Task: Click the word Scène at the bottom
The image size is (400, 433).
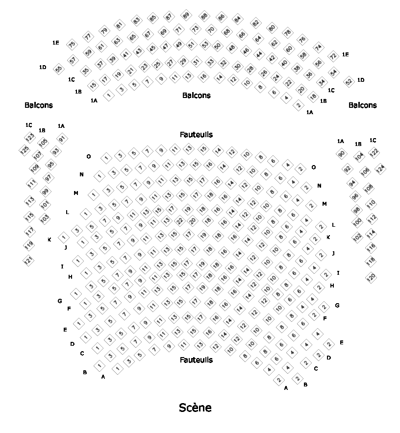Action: point(195,408)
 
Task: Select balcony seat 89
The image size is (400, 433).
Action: point(185,15)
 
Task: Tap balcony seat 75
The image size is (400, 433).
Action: point(72,45)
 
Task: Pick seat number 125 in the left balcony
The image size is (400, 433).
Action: point(24,150)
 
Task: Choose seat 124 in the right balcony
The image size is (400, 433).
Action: point(380,169)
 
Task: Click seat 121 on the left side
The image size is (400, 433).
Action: point(29,260)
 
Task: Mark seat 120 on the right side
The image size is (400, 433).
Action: point(371,277)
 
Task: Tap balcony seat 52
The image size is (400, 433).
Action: point(349,82)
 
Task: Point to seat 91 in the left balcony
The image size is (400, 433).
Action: point(62,139)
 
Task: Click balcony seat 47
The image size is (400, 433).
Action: point(166,47)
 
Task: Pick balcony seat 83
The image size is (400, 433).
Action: point(137,21)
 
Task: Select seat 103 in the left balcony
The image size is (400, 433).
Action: point(45,218)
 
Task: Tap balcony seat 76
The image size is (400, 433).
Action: point(302,39)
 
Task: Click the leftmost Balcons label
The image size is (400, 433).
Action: point(38,105)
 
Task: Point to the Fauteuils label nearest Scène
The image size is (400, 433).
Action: point(196,360)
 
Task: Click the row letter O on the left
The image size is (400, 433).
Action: point(89,157)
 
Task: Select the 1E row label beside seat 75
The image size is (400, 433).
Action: point(56,43)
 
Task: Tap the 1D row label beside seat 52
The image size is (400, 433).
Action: point(361,80)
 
